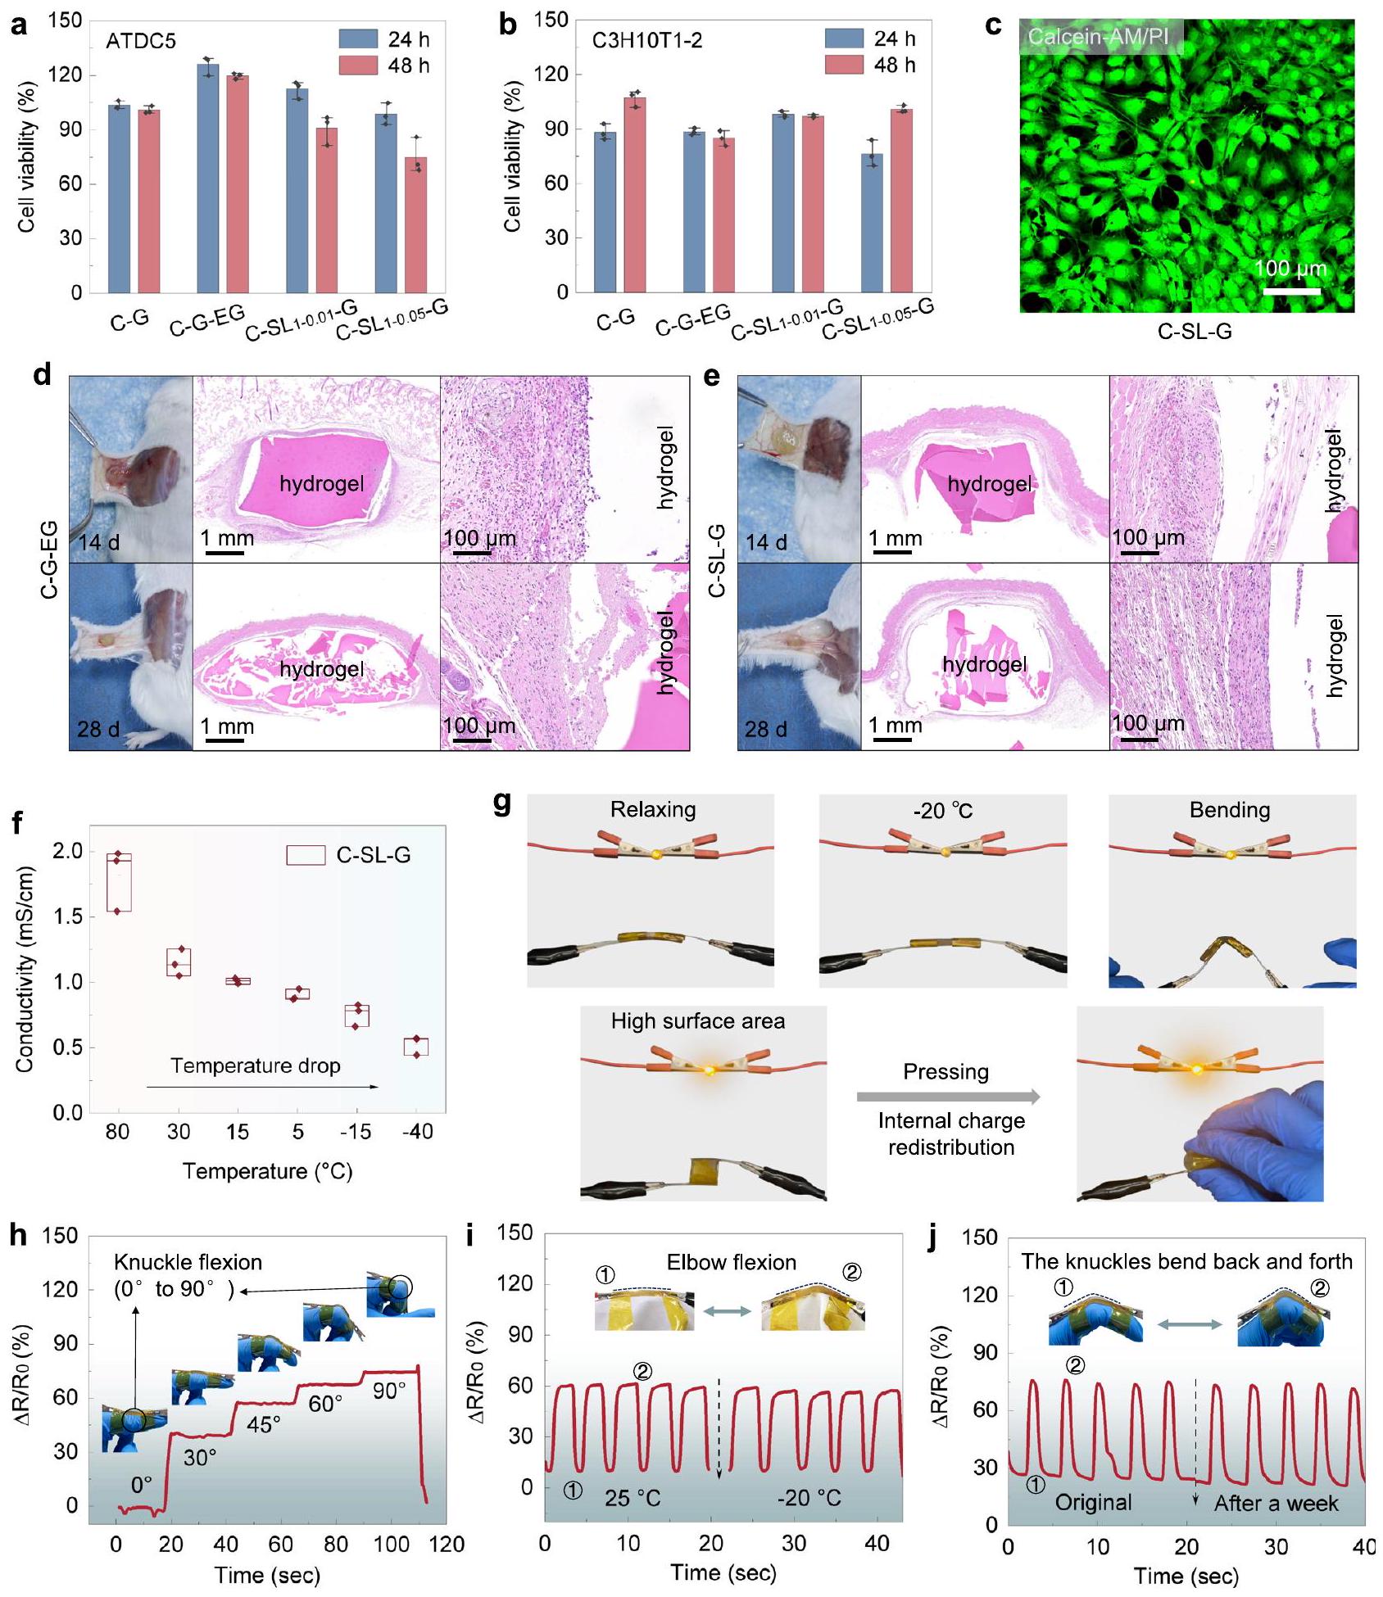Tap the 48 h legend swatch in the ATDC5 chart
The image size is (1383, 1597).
pyautogui.click(x=358, y=66)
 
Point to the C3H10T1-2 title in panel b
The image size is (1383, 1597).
pyautogui.click(x=647, y=40)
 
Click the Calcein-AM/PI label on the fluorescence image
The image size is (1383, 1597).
pyautogui.click(x=1099, y=37)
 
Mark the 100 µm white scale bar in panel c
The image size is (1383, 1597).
pyautogui.click(x=1291, y=290)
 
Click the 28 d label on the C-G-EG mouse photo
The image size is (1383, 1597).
pyautogui.click(x=98, y=728)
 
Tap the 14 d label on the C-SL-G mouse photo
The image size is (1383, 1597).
pyautogui.click(x=766, y=542)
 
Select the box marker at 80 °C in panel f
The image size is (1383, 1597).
pyautogui.click(x=119, y=882)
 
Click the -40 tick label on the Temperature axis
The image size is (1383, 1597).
pyautogui.click(x=417, y=1132)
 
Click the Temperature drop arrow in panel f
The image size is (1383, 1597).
pyautogui.click(x=262, y=1087)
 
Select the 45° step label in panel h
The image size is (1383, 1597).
pyautogui.click(x=264, y=1425)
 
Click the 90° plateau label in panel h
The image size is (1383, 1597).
pyautogui.click(x=389, y=1391)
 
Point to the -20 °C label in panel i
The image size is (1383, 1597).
pyautogui.click(x=809, y=1498)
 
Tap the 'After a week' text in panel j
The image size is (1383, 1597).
pyautogui.click(x=1276, y=1504)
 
